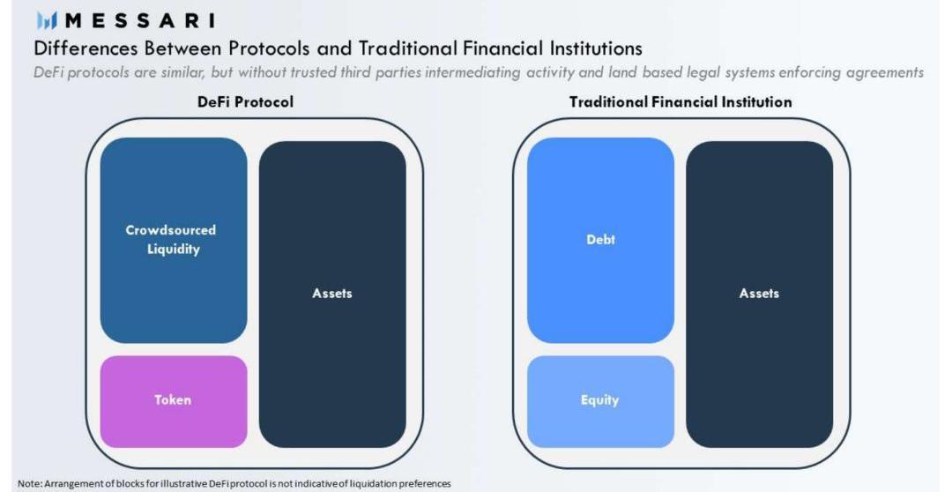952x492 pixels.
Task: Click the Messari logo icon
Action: click(47, 20)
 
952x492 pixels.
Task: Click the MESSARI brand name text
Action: click(139, 20)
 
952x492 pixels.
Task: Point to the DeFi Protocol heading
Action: click(245, 101)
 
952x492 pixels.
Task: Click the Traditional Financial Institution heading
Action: click(681, 101)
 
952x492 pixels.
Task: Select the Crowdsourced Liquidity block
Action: click(174, 240)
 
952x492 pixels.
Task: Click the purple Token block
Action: click(174, 401)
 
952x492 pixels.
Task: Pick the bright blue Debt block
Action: click(600, 240)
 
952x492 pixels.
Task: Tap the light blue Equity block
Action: click(600, 401)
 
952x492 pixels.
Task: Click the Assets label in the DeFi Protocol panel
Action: click(332, 294)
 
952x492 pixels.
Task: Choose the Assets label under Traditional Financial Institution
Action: click(759, 294)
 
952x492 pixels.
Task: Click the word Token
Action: click(173, 399)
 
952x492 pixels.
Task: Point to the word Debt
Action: click(600, 239)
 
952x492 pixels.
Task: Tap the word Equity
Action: click(600, 400)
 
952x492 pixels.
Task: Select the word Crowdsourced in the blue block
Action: click(171, 230)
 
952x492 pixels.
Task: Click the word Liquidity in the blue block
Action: click(174, 249)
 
